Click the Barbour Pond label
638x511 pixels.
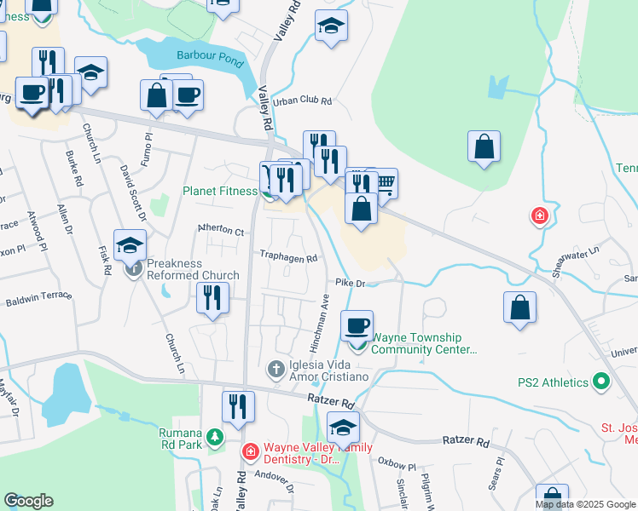click(x=210, y=56)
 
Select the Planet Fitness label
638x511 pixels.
click(x=220, y=192)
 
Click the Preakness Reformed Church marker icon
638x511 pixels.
click(x=134, y=270)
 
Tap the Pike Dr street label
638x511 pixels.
click(x=350, y=283)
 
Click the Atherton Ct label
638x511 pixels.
click(x=221, y=231)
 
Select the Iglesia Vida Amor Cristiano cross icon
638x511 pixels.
click(x=275, y=369)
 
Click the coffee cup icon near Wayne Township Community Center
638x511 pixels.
click(x=357, y=324)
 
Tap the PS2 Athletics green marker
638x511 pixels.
click(x=602, y=382)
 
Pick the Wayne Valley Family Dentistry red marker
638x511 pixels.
click(x=250, y=451)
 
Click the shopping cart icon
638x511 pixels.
click(x=385, y=181)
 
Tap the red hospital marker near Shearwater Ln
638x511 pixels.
click(x=539, y=216)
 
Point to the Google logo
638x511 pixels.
click(x=28, y=501)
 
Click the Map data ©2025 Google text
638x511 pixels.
click(x=585, y=504)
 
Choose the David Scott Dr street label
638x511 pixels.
click(x=134, y=191)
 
